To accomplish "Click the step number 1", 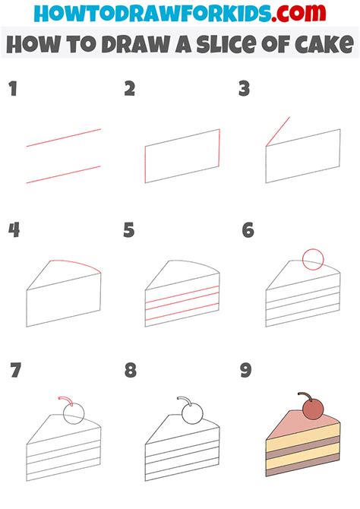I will click(12, 90).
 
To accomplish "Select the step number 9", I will click(247, 371).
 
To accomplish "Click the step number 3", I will click(245, 90).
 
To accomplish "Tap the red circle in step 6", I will click(313, 260).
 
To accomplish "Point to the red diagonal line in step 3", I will click(277, 131).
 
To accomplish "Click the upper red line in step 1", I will click(64, 138).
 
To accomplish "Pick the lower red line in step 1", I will click(64, 174).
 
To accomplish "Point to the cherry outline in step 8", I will click(193, 414).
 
